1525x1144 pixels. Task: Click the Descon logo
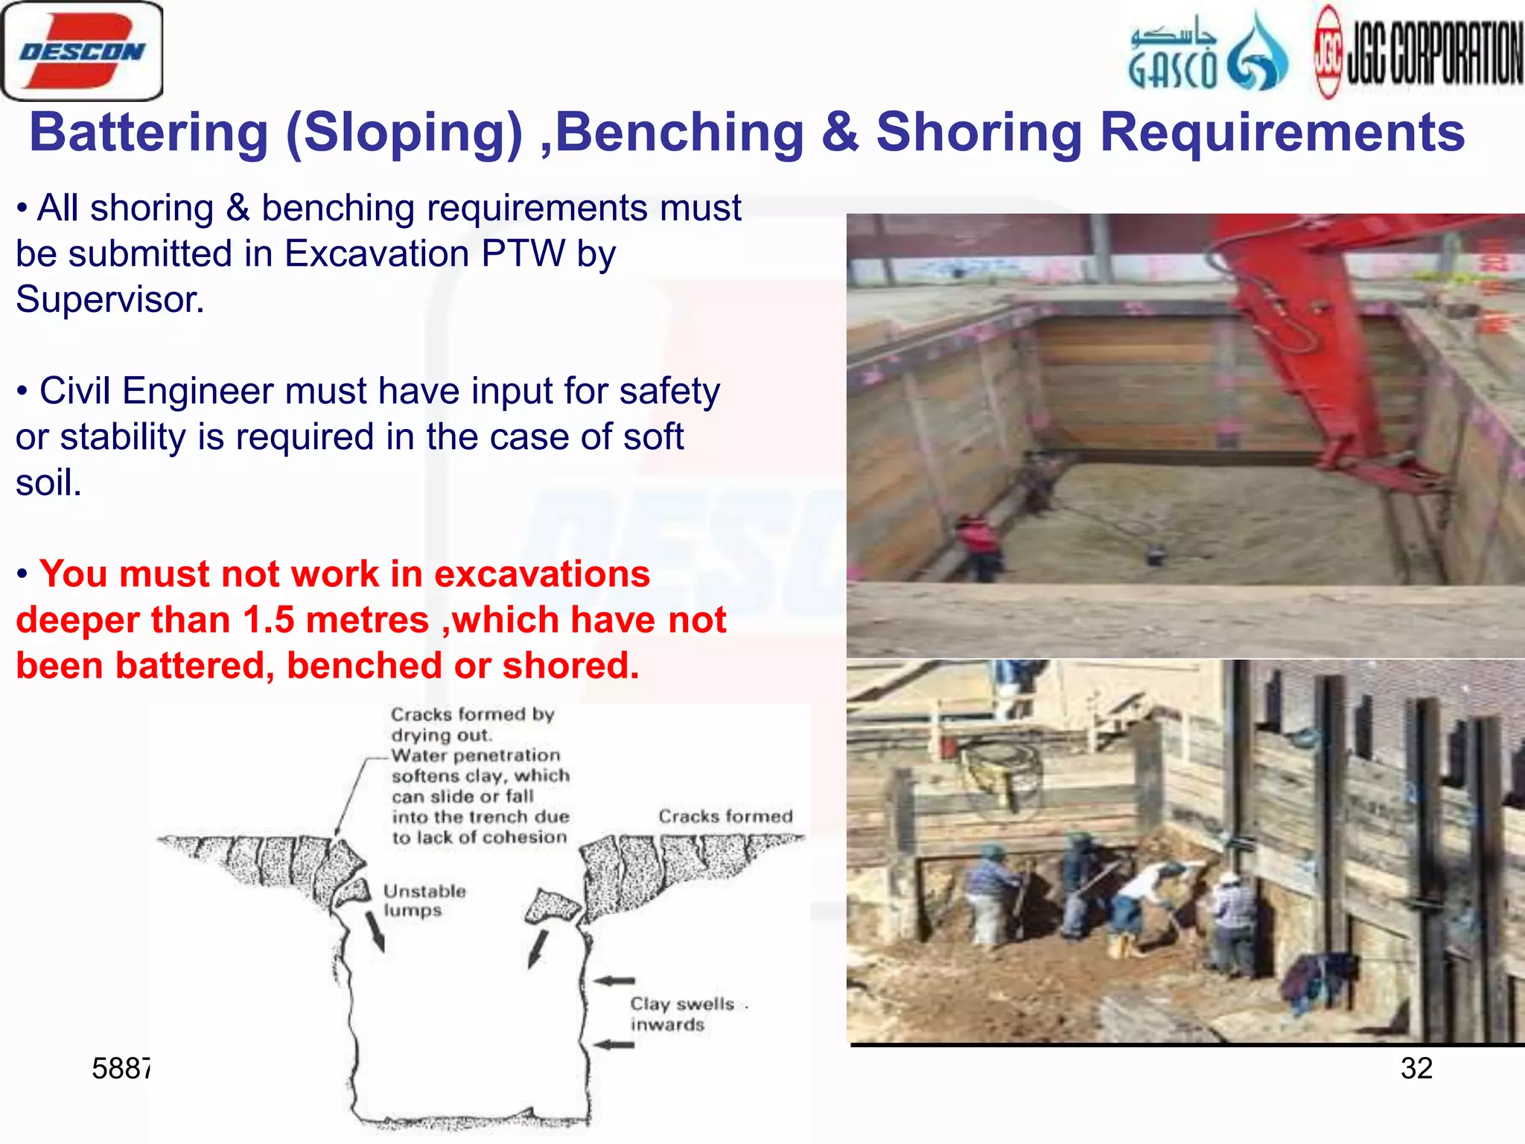[82, 51]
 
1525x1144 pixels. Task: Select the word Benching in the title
[679, 133]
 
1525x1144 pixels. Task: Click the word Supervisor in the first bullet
[109, 300]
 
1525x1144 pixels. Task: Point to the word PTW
[523, 254]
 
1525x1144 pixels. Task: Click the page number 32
[1416, 1068]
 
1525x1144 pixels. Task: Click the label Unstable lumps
[424, 900]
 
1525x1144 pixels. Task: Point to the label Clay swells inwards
[681, 1014]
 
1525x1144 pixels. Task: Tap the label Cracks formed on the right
[725, 816]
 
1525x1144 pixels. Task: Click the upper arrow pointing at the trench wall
[614, 981]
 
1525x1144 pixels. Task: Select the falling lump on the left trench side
[356, 890]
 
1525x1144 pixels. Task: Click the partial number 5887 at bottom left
[120, 1069]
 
